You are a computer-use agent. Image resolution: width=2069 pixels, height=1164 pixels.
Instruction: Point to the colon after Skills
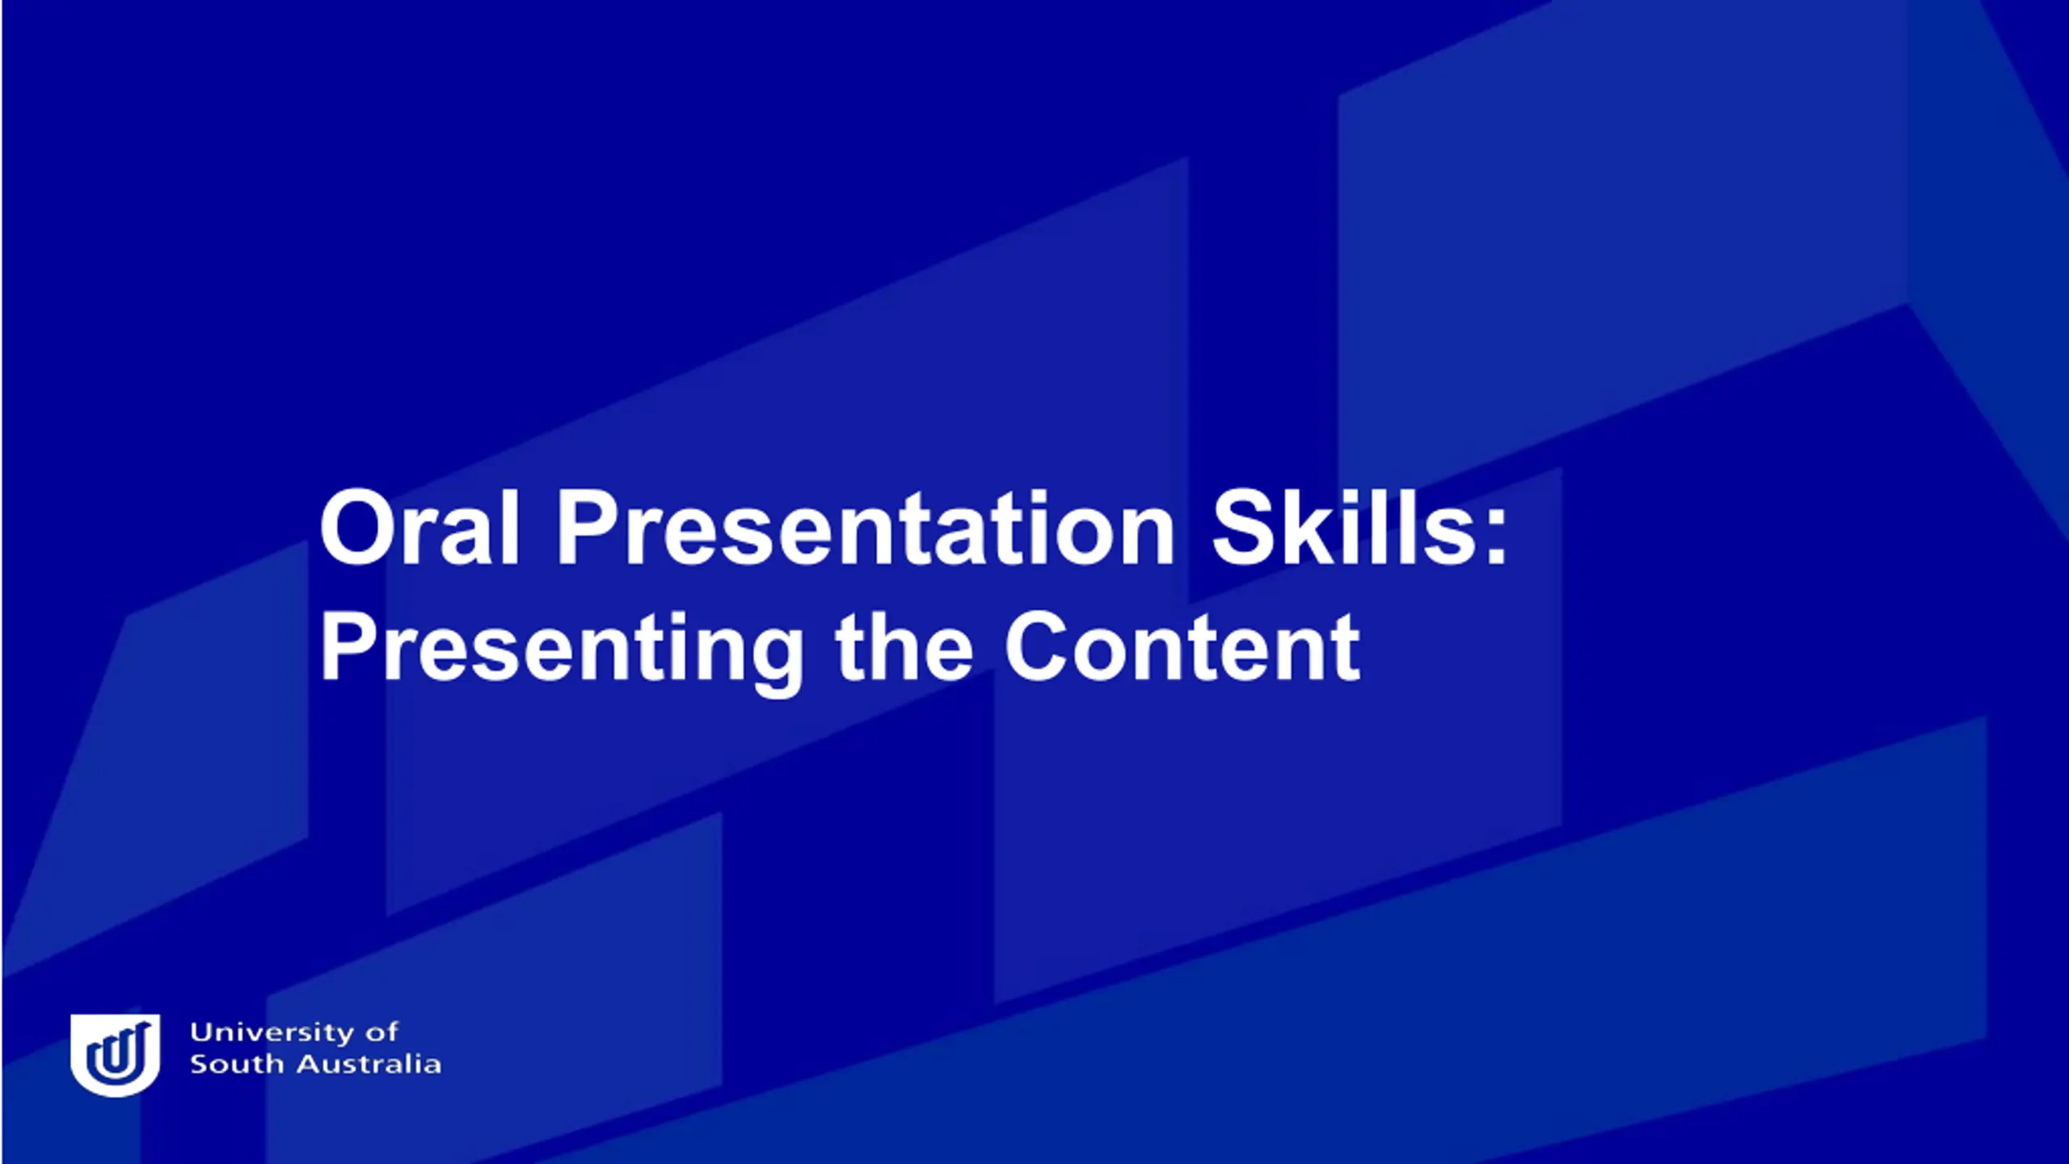tap(1496, 538)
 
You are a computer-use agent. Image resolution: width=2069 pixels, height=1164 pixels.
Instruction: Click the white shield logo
tap(115, 1055)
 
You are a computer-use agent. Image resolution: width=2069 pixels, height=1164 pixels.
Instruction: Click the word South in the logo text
tap(238, 1064)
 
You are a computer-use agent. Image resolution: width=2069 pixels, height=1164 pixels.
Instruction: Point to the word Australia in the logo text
tap(369, 1064)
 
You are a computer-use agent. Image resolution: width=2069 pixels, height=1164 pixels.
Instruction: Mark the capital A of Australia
tap(310, 1064)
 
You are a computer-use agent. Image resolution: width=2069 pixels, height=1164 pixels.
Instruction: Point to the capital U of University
tap(201, 1034)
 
